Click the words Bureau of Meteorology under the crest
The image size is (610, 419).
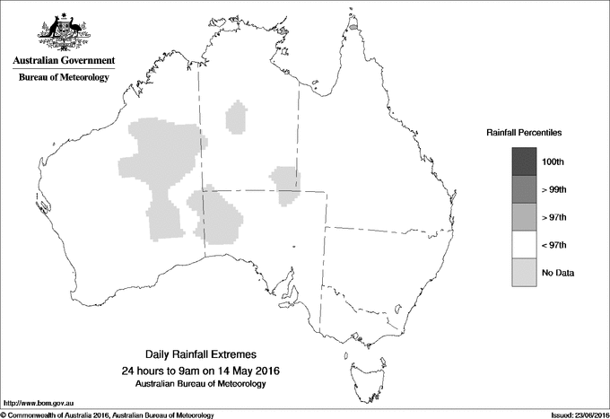point(63,77)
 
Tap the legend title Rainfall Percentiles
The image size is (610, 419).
point(524,132)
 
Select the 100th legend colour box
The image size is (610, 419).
point(524,161)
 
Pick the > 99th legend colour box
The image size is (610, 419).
point(524,189)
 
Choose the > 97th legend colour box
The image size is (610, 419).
point(524,216)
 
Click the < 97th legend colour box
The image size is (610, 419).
point(524,244)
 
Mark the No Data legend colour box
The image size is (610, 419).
point(524,272)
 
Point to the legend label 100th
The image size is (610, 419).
point(553,162)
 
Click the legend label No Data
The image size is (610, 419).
point(557,273)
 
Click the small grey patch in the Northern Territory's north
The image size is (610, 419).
point(237,118)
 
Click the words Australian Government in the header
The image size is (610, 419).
point(63,61)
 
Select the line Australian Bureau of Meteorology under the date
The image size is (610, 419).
point(207,384)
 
